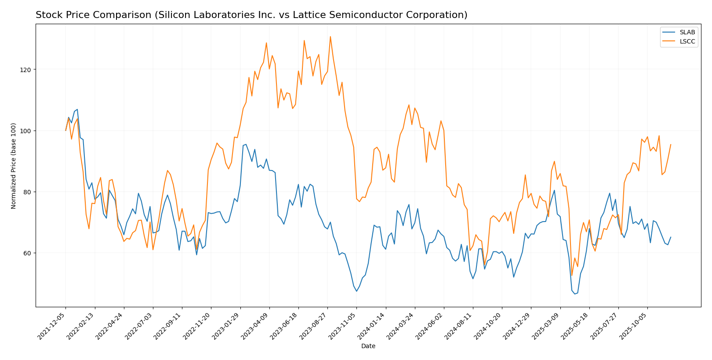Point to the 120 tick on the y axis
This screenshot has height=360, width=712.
tap(26, 70)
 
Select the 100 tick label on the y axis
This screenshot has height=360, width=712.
tap(26, 131)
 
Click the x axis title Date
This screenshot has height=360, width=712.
tap(368, 346)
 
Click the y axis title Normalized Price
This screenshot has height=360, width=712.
tap(14, 166)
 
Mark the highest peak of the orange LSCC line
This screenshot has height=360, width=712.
tap(330, 36)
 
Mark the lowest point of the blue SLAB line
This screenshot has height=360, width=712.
tap(574, 294)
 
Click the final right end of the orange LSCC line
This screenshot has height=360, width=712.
tap(671, 144)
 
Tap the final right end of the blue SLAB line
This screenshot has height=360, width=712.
tap(671, 237)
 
